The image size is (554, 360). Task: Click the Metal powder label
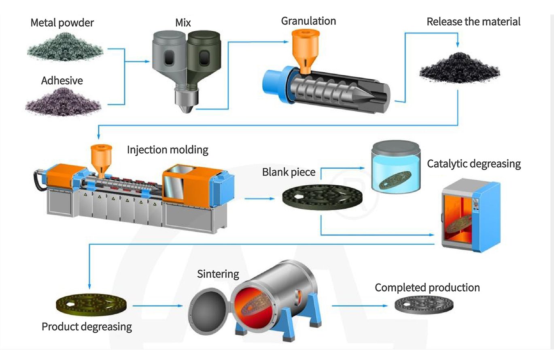pyautogui.click(x=62, y=23)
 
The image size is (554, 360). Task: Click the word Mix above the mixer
pyautogui.click(x=183, y=23)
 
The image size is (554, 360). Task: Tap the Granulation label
pyautogui.click(x=308, y=21)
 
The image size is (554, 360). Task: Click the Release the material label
pyautogui.click(x=473, y=21)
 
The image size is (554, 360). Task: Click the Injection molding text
pyautogui.click(x=168, y=150)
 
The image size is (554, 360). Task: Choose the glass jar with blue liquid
pyautogui.click(x=395, y=166)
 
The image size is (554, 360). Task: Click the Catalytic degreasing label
pyautogui.click(x=473, y=164)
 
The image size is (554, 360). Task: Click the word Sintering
pyautogui.click(x=218, y=274)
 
